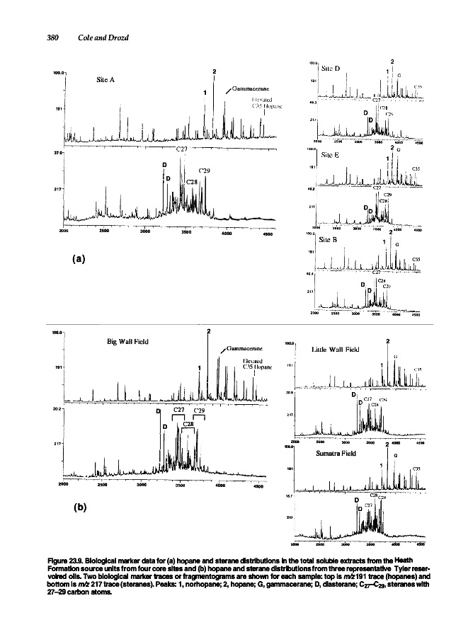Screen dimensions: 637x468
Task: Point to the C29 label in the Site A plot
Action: [204, 171]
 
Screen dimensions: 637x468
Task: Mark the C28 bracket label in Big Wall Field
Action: [188, 423]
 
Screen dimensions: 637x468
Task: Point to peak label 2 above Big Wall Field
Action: [208, 331]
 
